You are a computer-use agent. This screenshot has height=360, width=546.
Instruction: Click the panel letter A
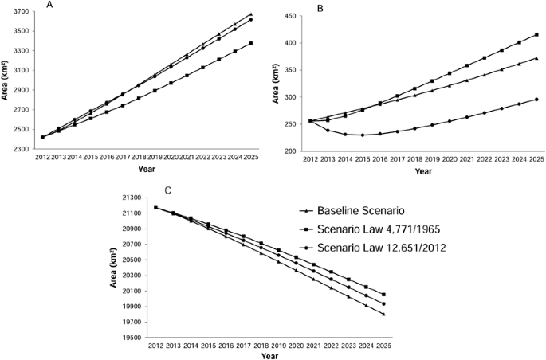pos(49,5)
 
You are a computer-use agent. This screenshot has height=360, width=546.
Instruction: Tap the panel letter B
pos(320,10)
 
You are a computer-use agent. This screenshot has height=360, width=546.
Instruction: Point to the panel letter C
pos(167,190)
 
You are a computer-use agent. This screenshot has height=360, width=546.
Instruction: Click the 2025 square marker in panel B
pos(536,34)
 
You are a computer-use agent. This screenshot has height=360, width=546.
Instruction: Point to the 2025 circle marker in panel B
pos(536,100)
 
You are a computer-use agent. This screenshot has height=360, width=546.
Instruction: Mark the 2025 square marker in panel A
pos(250,43)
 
